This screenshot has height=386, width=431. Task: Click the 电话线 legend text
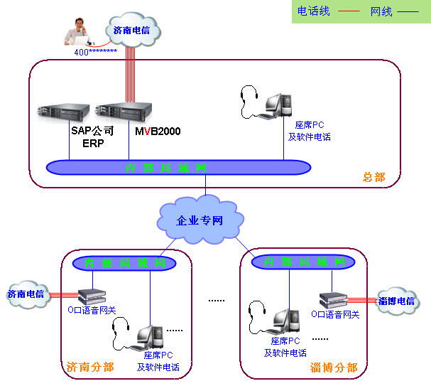click(x=312, y=11)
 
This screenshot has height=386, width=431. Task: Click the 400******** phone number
click(x=95, y=52)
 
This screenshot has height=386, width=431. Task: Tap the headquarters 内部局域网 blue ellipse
click(x=178, y=168)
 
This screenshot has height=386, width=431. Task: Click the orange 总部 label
click(x=373, y=177)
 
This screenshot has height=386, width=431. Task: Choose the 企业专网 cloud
click(x=200, y=220)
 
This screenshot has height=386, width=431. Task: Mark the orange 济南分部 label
click(x=89, y=368)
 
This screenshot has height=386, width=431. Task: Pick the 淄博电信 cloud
click(x=395, y=301)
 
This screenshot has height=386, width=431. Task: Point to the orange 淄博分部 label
click(x=333, y=368)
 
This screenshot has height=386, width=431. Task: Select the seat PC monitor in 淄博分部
click(x=284, y=321)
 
